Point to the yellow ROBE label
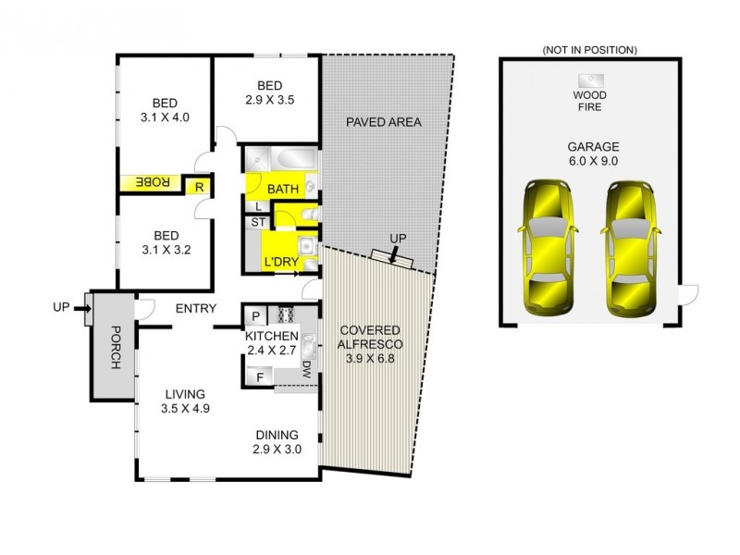coord(154,184)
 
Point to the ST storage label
coord(256,222)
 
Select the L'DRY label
coord(281,263)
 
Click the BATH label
coord(283,189)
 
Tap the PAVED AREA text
coord(383,122)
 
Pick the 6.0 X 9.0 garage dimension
coord(587,163)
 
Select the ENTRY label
coord(194,308)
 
